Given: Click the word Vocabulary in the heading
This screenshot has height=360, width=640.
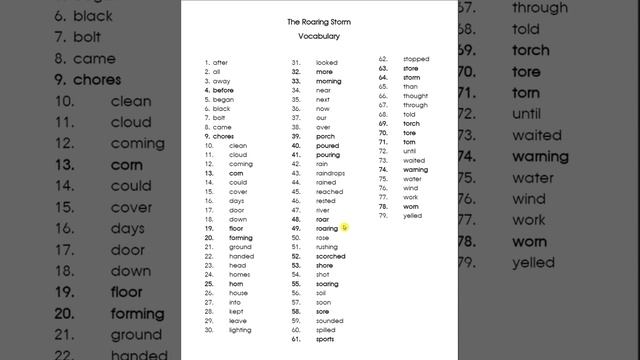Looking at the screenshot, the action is point(319,36).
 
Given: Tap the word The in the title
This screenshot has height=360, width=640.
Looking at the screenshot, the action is point(293,21).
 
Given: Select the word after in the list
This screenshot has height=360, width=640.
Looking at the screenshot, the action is point(220,62).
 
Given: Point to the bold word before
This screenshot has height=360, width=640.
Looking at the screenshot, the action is point(223,91).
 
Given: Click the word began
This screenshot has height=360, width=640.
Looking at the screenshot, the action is point(222,100).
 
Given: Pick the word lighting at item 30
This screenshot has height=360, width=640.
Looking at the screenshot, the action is point(240,329).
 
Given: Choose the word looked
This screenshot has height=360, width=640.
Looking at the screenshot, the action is point(326,62).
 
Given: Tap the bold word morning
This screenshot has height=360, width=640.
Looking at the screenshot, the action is point(329,81).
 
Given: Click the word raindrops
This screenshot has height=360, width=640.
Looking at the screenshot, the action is point(331,172).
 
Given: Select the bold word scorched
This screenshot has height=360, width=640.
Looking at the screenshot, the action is point(330,256).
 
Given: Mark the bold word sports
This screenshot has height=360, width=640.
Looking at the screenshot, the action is point(325,339).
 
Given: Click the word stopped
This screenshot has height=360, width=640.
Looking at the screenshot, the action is point(416,59).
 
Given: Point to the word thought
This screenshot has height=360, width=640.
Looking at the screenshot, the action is point(415,96).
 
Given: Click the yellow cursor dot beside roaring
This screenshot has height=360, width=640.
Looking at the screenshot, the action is point(344,227).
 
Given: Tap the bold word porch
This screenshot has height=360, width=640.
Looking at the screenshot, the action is point(325,137).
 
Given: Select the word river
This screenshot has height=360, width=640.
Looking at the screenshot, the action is point(323,210).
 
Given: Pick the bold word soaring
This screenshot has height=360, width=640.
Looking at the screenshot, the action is point(327,283).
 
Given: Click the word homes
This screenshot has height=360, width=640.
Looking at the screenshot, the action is point(239,274).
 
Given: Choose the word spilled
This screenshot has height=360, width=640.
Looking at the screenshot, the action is point(326,329).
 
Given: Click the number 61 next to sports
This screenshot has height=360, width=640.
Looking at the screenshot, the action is point(297,339).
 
